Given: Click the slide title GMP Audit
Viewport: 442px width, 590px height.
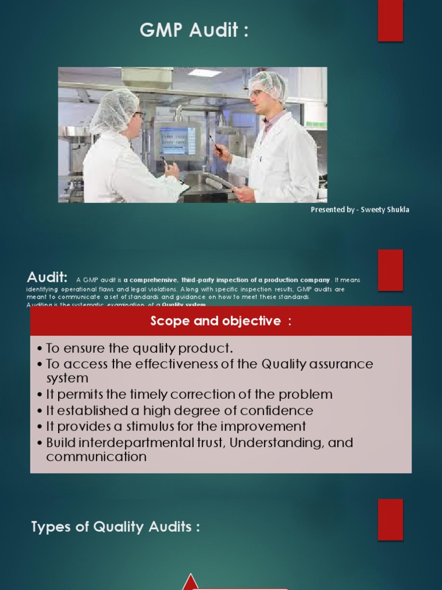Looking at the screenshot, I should point(194,31).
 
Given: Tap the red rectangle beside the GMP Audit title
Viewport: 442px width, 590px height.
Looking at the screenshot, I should point(390,21).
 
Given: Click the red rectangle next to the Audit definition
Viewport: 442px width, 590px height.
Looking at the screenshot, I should point(390,270).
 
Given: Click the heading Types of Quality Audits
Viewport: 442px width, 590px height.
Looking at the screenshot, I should point(116,527).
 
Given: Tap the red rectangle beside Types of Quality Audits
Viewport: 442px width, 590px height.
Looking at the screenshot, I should point(390,519).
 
